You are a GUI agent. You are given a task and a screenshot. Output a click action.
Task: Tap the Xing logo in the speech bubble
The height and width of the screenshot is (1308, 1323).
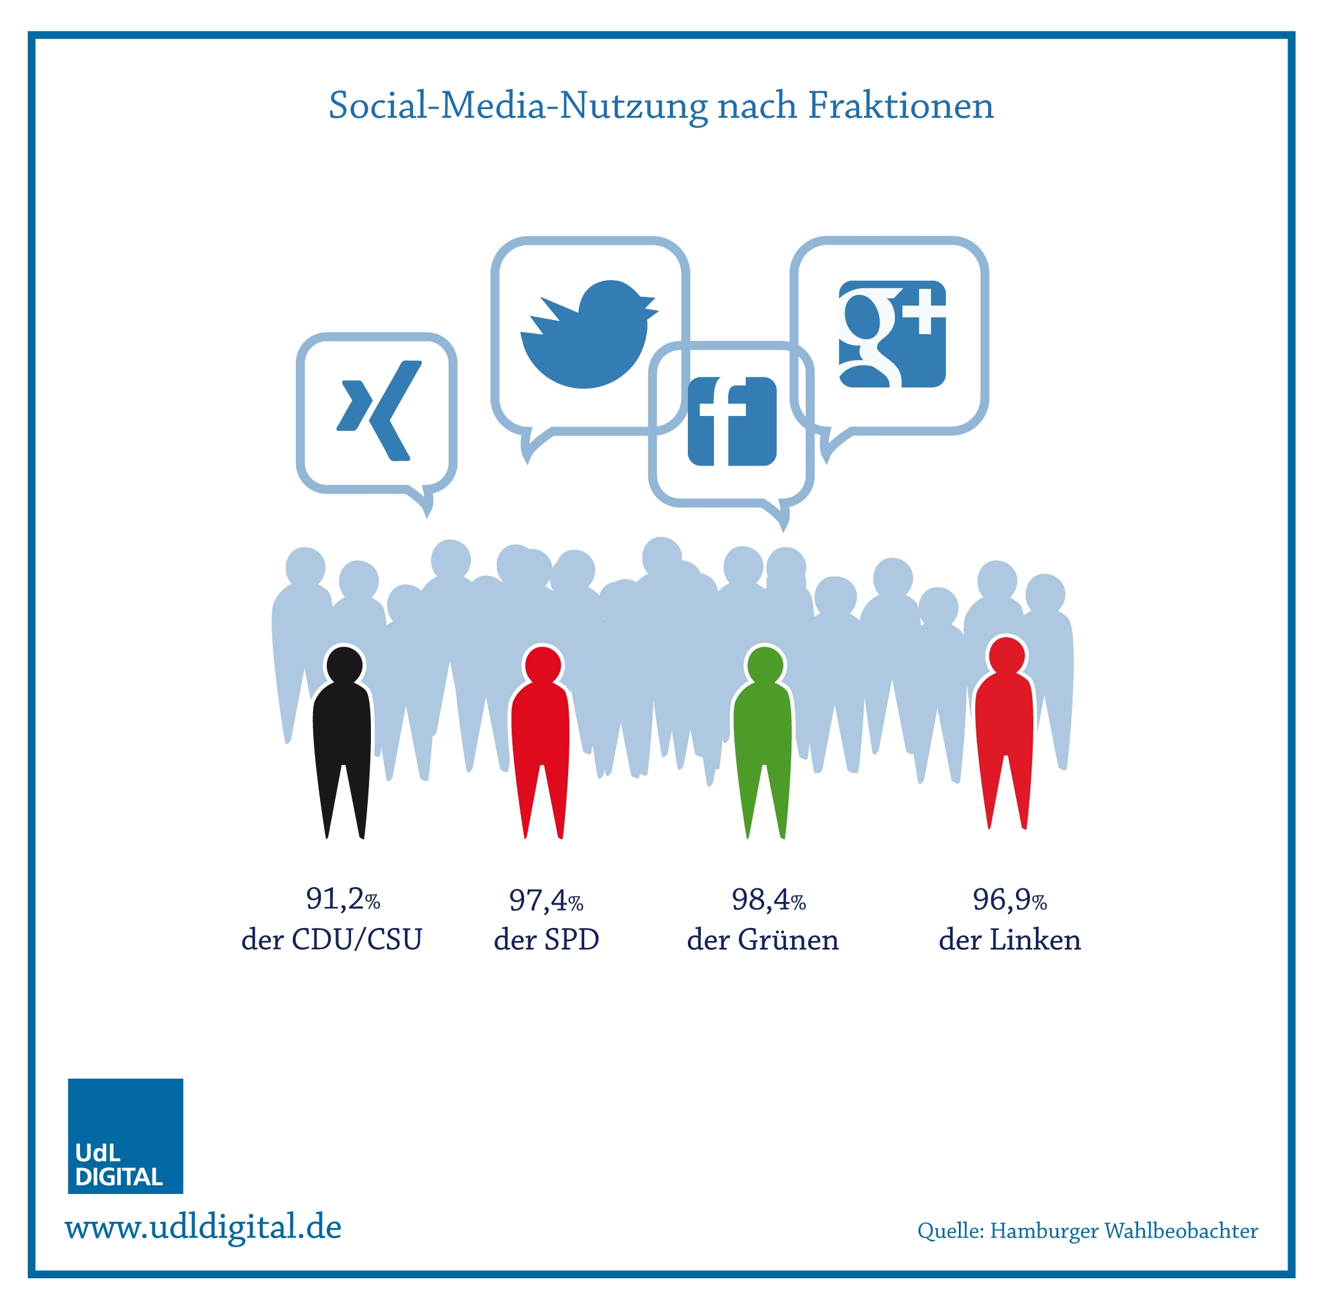pyautogui.click(x=379, y=410)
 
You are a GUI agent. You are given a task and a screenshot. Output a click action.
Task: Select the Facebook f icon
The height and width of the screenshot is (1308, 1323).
pyautogui.click(x=732, y=421)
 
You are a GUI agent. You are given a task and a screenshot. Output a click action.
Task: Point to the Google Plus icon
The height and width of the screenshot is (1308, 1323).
pyautogui.click(x=893, y=334)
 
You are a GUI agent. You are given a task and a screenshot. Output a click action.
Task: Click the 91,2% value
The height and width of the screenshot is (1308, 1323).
pyautogui.click(x=343, y=899)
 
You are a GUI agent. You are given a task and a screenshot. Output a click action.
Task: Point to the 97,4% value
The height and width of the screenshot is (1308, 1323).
pyautogui.click(x=546, y=900)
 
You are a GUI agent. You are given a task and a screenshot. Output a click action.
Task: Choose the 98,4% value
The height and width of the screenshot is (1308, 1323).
pyautogui.click(x=768, y=899)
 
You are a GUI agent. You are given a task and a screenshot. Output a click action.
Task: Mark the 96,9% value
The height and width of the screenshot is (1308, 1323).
pyautogui.click(x=1009, y=899)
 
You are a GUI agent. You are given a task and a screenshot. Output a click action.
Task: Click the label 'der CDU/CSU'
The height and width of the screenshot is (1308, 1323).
pyautogui.click(x=331, y=939)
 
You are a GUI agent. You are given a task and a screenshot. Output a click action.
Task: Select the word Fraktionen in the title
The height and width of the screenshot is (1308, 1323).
pyautogui.click(x=901, y=105)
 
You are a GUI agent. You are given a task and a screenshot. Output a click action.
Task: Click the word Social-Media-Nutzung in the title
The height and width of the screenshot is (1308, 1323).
pyautogui.click(x=518, y=107)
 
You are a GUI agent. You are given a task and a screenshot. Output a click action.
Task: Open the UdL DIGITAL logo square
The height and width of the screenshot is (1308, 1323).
pyautogui.click(x=125, y=1136)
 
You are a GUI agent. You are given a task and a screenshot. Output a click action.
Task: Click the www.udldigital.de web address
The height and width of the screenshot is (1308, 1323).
pyautogui.click(x=203, y=1227)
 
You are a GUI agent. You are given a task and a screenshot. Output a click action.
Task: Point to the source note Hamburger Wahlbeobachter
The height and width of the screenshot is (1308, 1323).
pyautogui.click(x=1124, y=1232)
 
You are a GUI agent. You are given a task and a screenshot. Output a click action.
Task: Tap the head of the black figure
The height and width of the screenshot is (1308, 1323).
pyautogui.click(x=344, y=665)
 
